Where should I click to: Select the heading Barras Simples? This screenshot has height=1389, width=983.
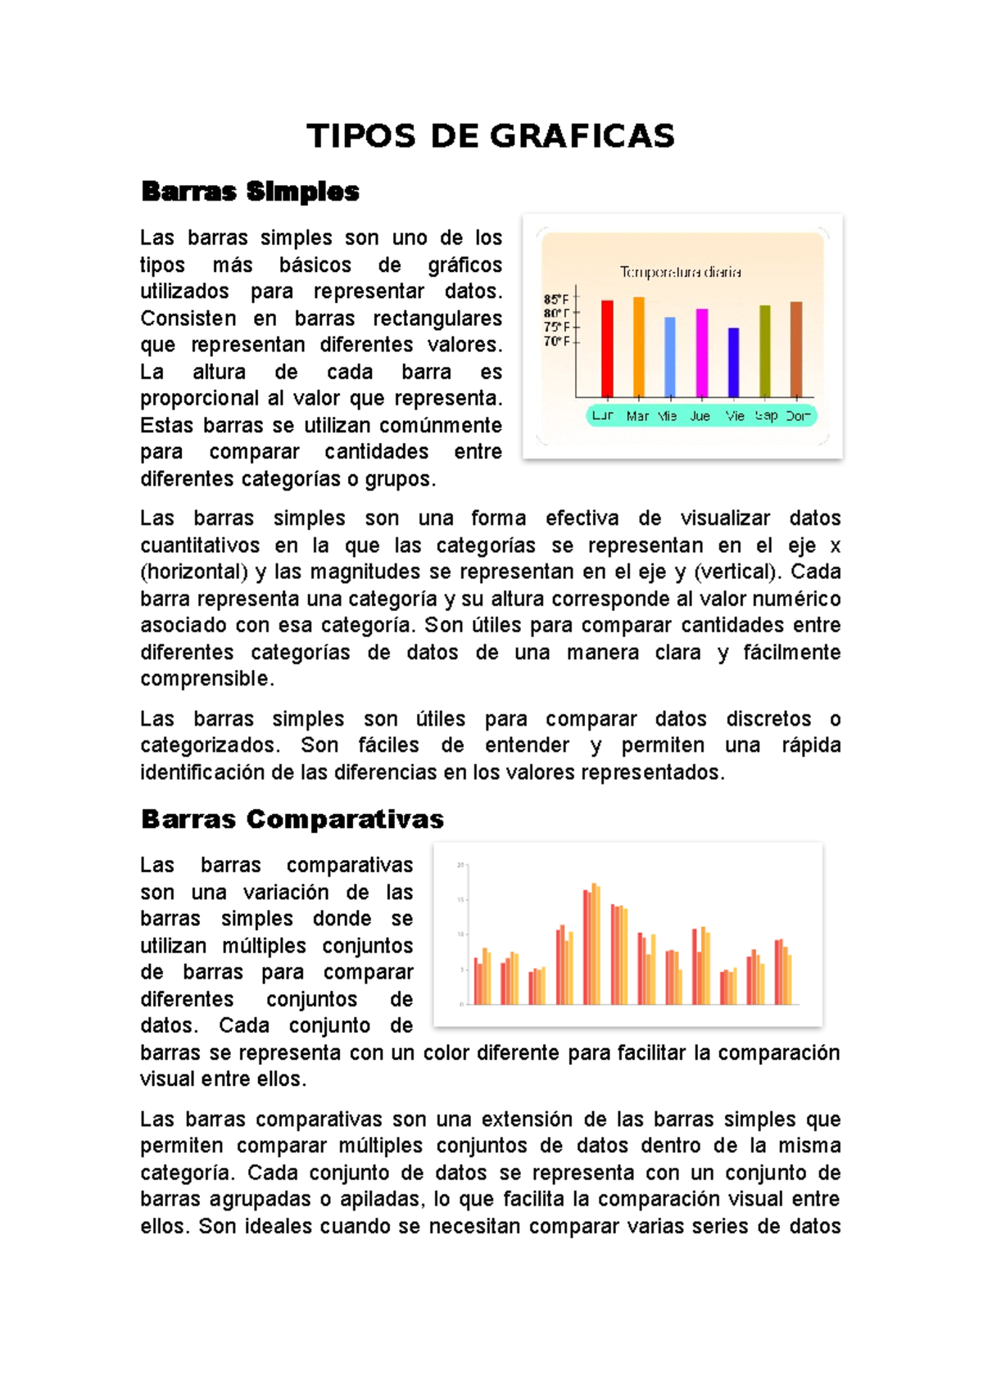coord(250,192)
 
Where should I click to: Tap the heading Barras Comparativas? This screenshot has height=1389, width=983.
coord(292,819)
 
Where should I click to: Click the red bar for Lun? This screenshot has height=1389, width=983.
coord(607,349)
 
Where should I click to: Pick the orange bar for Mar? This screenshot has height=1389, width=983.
coord(639,347)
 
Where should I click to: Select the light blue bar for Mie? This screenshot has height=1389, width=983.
coord(670,357)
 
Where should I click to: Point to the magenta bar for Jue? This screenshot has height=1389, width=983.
coord(702,353)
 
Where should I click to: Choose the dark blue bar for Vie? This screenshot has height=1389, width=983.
coord(733,363)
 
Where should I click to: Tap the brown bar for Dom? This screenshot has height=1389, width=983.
coord(796,350)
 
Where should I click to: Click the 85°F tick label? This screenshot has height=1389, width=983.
coord(556,300)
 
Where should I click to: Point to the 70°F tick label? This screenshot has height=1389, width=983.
coord(556,341)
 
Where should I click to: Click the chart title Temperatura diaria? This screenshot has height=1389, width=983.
coord(680,272)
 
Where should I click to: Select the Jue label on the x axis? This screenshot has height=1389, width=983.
coord(700,416)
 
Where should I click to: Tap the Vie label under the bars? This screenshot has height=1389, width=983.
coord(735,416)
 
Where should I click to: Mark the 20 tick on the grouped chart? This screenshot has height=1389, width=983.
coord(460,865)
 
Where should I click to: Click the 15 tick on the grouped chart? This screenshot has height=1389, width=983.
coord(460,900)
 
